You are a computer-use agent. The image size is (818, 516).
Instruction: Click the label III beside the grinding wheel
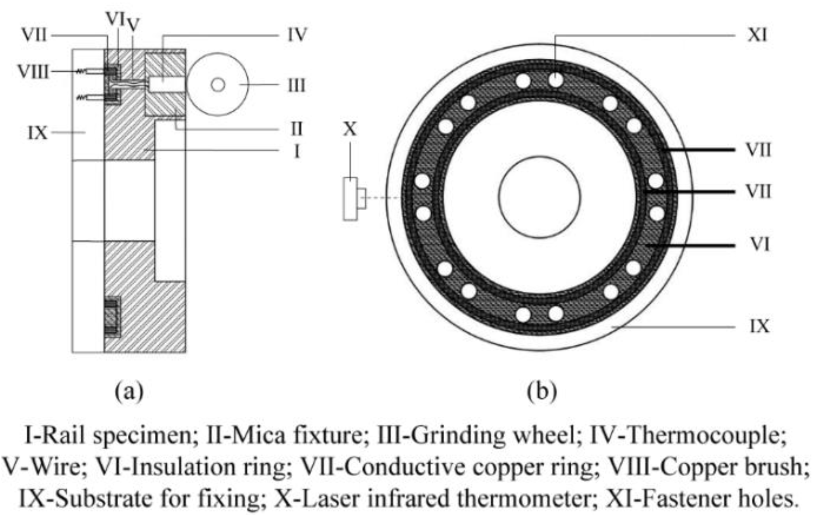[x=296, y=85]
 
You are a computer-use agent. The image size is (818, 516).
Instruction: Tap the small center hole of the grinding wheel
[x=218, y=85]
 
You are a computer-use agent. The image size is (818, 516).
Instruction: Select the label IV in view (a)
[x=297, y=35]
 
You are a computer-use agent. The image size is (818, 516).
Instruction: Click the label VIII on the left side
[x=33, y=72]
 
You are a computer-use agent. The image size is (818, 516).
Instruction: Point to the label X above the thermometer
[x=350, y=129]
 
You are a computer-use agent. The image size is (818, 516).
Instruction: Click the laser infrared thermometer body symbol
[x=351, y=199]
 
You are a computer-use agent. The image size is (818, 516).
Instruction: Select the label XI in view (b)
[x=757, y=35]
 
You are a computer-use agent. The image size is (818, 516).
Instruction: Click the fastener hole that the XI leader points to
[x=556, y=79]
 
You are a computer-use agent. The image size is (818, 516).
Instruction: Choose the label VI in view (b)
[x=759, y=245]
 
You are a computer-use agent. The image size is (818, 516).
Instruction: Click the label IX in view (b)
[x=759, y=326]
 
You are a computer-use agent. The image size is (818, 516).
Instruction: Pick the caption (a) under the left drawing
[x=129, y=391]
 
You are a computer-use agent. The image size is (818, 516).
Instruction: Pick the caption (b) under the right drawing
[x=542, y=391]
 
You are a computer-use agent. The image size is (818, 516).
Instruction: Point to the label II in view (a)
[x=296, y=129]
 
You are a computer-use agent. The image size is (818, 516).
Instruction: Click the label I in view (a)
[x=297, y=151]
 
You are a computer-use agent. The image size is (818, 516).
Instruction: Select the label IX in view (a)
[x=38, y=133]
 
